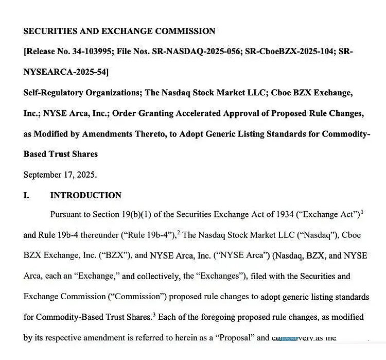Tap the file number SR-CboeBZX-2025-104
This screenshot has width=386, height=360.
(291, 52)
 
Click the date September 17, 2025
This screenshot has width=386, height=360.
(60, 175)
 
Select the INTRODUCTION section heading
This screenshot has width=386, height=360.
(85, 195)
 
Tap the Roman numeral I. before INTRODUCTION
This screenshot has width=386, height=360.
(26, 195)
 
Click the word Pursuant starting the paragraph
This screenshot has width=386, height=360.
(67, 214)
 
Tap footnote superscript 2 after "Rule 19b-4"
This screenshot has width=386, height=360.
(178, 232)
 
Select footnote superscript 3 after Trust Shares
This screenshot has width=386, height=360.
(154, 314)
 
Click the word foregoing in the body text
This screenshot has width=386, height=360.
(213, 317)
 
